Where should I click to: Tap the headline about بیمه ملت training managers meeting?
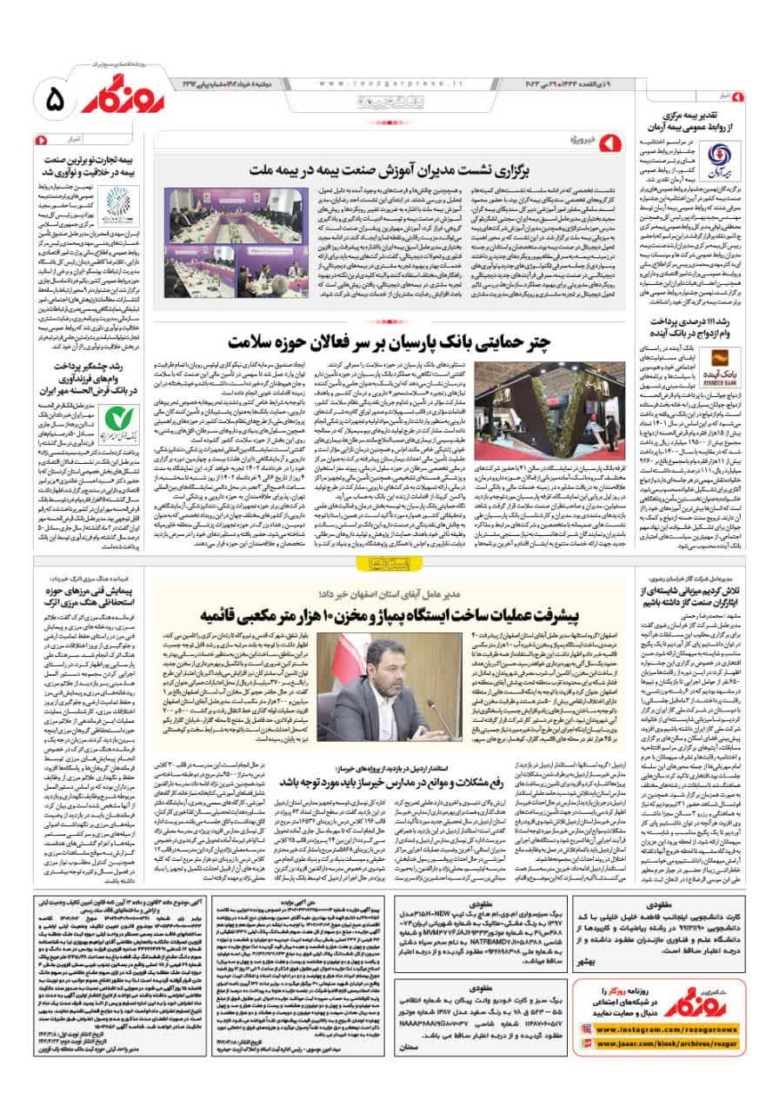click(423, 169)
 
